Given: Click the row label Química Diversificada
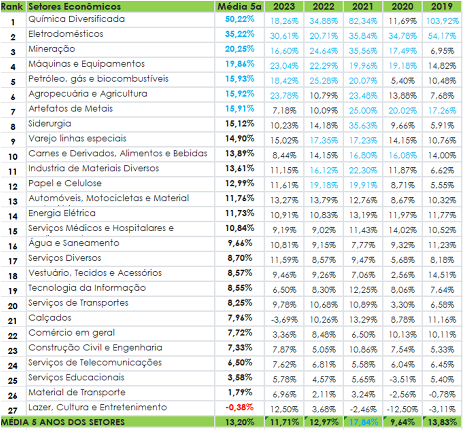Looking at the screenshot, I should (76, 19).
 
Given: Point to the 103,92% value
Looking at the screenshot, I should (442, 22).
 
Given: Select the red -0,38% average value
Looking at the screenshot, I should (240, 407).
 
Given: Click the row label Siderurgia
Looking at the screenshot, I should (50, 123).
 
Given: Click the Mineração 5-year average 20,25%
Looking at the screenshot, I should (240, 49).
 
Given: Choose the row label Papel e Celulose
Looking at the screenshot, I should (65, 183).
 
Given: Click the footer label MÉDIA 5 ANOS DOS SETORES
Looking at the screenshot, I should (63, 422).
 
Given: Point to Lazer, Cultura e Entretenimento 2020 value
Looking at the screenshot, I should (403, 410).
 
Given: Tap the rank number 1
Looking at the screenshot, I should (13, 22).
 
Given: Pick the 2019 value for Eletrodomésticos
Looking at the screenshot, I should (442, 37).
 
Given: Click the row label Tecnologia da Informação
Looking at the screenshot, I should (87, 288).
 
